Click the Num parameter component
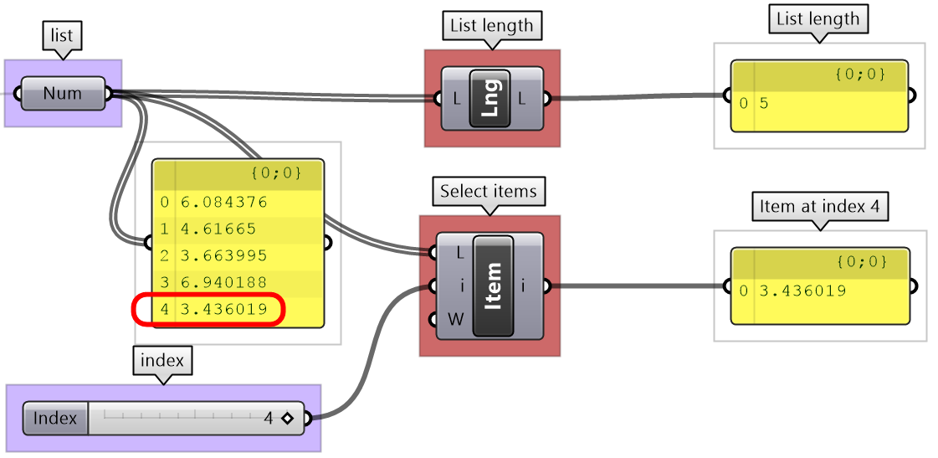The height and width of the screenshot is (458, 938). pos(63,93)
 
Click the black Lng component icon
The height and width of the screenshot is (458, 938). pos(490,98)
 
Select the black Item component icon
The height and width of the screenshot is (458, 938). pos(493,286)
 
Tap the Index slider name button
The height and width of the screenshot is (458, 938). pos(55,418)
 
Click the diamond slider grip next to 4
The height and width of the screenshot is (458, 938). pos(288,418)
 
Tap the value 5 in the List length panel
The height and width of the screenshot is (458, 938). pos(764,104)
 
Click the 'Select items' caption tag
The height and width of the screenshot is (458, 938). pos(488,192)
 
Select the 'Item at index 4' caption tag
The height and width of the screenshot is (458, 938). pos(819,206)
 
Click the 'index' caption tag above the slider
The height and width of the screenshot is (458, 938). pos(162,362)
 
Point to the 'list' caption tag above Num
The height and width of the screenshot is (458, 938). pos(62,36)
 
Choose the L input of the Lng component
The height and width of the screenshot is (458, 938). pos(456,99)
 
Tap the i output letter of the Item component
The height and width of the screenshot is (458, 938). pos(523,286)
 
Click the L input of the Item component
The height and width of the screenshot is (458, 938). pos(461,252)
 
